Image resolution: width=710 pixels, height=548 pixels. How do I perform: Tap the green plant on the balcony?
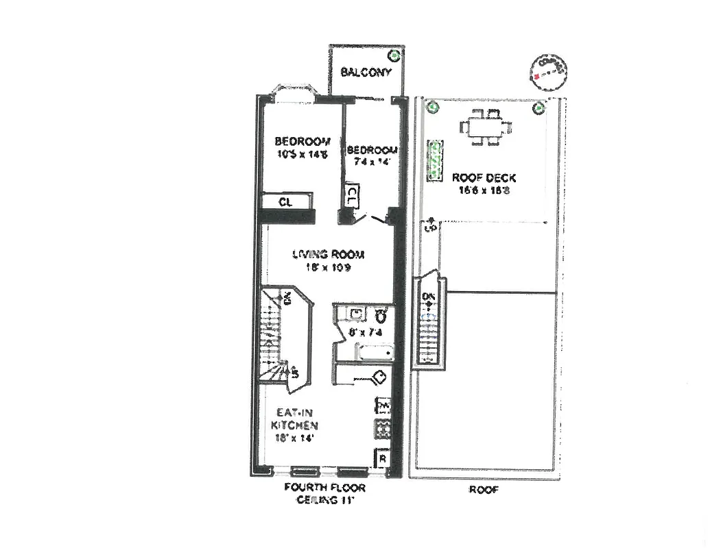pyautogui.click(x=394, y=55)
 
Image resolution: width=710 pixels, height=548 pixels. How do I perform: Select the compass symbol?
pyautogui.click(x=549, y=72)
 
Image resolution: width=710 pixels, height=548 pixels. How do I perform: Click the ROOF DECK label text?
pyautogui.click(x=484, y=178)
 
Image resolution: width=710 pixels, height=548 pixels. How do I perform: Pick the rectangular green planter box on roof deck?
pyautogui.click(x=434, y=162)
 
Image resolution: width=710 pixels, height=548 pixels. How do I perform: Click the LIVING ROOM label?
pyautogui.click(x=329, y=255)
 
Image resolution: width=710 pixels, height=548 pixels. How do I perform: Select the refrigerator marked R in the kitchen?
pyautogui.click(x=382, y=458)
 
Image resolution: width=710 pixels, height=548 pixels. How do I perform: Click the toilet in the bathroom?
pyautogui.click(x=381, y=315)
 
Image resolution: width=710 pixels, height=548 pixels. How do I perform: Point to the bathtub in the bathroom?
pyautogui.click(x=373, y=353)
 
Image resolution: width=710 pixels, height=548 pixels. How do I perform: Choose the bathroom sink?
pyautogui.click(x=355, y=314)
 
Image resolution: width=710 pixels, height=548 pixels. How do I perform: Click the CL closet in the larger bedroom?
pyautogui.click(x=286, y=202)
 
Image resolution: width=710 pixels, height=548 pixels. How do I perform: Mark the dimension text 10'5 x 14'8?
pyautogui.click(x=302, y=154)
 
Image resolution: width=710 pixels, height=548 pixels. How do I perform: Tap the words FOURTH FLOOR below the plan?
pyautogui.click(x=325, y=488)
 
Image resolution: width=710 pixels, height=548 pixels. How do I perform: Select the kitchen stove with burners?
pyautogui.click(x=382, y=429)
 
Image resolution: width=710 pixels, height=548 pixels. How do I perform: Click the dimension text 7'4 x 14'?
pyautogui.click(x=370, y=162)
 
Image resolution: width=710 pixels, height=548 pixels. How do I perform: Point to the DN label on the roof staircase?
pyautogui.click(x=429, y=297)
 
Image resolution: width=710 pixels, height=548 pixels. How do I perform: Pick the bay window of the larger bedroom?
pyautogui.click(x=292, y=94)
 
